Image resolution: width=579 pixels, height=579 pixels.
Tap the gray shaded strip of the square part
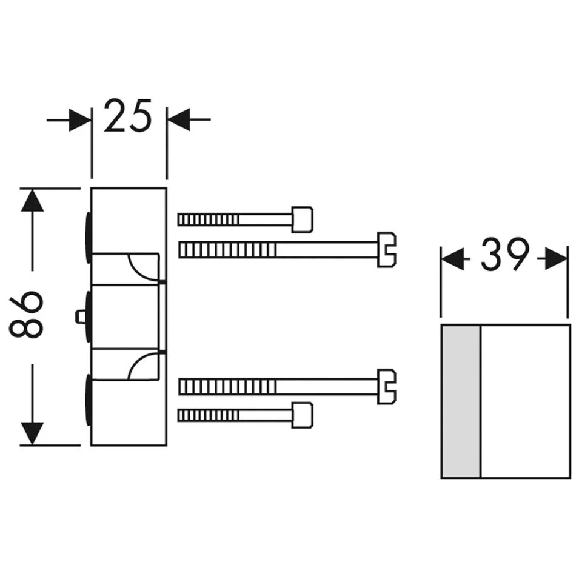click(461, 401)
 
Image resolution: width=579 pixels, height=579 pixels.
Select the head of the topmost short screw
click(302, 219)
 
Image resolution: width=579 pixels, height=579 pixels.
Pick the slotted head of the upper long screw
click(387, 249)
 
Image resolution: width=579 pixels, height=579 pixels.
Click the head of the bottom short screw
click(302, 415)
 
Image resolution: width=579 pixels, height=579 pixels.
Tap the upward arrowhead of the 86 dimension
click(32, 199)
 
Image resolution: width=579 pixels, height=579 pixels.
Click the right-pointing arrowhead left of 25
click(79, 119)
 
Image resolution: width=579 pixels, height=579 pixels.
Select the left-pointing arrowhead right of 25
click(179, 119)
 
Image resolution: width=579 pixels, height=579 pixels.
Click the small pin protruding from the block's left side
click(80, 316)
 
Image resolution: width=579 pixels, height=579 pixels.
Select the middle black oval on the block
click(89, 316)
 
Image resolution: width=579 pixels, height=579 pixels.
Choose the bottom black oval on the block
click(89, 400)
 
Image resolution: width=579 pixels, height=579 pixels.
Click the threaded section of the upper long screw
click(227, 249)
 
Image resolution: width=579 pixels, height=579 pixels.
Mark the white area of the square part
click(525, 401)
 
